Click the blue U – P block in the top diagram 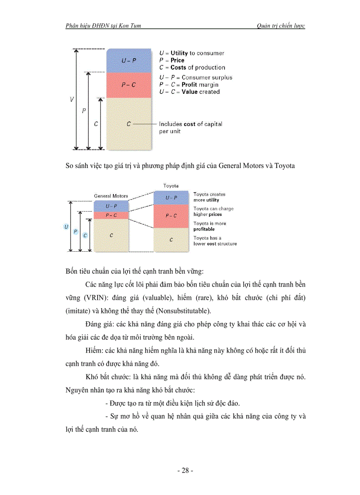tap(129, 60)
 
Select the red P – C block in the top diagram tap(129, 85)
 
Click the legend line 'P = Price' tap(172, 60)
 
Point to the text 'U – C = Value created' tap(189, 92)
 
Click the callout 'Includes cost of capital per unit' tap(190, 127)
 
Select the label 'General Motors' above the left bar tap(111, 196)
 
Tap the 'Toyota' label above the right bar tap(171, 186)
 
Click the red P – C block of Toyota tap(171, 216)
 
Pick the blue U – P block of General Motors tap(111, 206)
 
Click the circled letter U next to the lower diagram tap(66, 227)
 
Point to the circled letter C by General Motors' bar tap(85, 235)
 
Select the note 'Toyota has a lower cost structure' tap(215, 241)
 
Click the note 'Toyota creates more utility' tap(209, 197)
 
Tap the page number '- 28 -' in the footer tap(185, 470)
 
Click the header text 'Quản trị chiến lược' tap(281, 26)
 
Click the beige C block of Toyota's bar tap(171, 240)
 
